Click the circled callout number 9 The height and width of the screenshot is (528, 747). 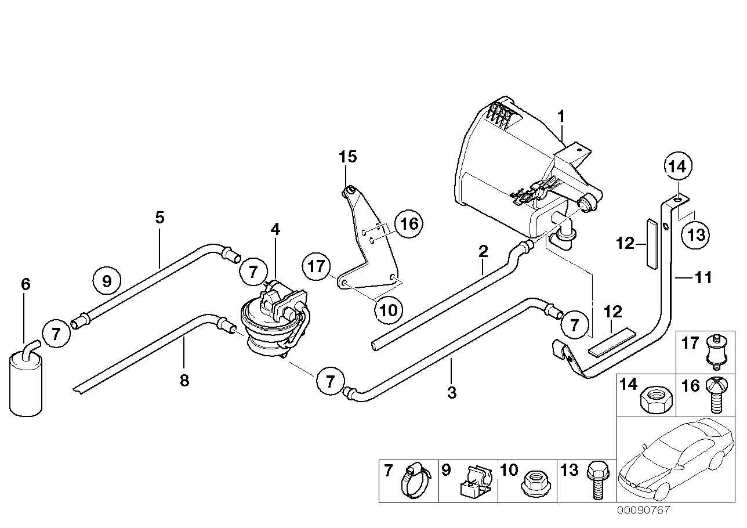tap(106, 282)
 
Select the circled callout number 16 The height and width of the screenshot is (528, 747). tap(409, 224)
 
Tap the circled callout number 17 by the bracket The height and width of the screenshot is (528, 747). tap(316, 267)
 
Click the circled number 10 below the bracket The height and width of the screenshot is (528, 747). tap(388, 310)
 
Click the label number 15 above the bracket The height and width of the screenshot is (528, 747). tap(348, 157)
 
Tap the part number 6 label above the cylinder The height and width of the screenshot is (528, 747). tap(25, 284)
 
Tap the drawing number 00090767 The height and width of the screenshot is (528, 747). tap(643, 511)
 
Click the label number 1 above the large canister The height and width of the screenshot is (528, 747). tap(560, 117)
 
